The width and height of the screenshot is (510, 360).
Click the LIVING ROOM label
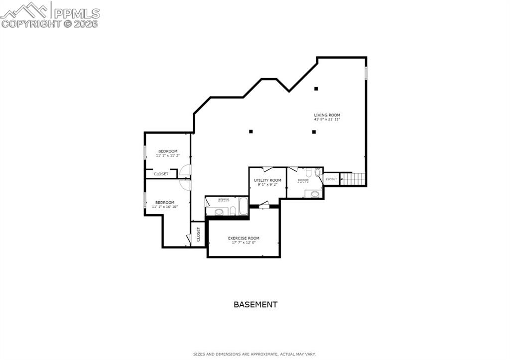[x=327, y=115]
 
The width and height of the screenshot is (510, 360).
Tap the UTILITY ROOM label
[x=267, y=180]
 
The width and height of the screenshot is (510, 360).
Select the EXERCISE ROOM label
[x=244, y=239]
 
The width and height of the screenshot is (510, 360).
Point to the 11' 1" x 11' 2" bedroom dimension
[x=168, y=155]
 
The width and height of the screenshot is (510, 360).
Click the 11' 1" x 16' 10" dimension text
[x=165, y=207]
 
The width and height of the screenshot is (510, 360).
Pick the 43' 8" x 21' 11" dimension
[x=327, y=120]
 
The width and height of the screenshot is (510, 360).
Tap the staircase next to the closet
[x=353, y=179]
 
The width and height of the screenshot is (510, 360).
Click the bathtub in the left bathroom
[x=243, y=206]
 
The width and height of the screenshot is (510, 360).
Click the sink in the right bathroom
[x=315, y=194]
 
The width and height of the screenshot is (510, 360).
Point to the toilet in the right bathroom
[x=317, y=172]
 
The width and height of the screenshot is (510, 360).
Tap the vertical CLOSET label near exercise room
[x=198, y=234]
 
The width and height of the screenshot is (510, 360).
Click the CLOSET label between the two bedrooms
[x=161, y=174]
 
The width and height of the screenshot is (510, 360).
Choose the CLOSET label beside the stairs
[x=331, y=179]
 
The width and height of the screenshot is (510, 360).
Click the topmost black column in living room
[x=316, y=89]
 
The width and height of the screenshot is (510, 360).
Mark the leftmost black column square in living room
[x=251, y=131]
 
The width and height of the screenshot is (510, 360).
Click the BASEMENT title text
[x=255, y=304]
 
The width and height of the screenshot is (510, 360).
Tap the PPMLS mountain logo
[x=25, y=10]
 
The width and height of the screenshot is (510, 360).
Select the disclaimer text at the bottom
[x=255, y=354]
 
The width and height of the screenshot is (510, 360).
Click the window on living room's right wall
[x=366, y=73]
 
